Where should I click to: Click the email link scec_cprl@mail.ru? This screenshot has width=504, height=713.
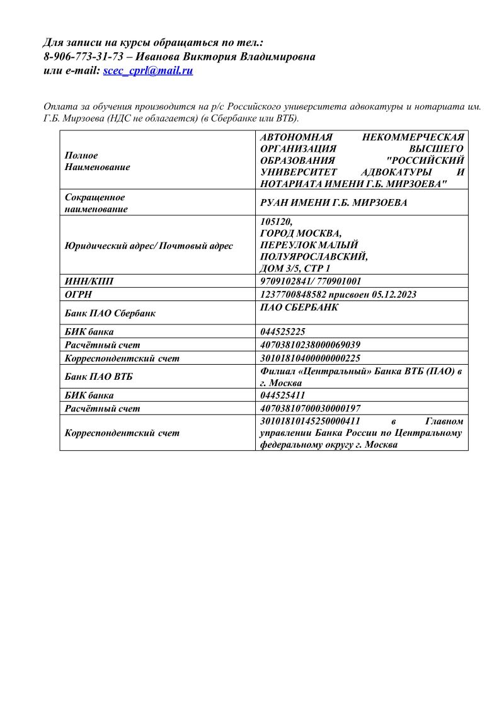148,71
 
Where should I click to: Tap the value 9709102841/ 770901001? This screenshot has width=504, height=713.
311,282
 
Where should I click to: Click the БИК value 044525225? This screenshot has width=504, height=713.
283,332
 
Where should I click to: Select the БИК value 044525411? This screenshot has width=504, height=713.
283,396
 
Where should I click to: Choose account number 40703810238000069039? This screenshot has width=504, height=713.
310,345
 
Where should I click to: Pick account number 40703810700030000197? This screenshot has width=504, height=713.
310,408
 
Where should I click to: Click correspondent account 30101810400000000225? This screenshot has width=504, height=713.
310,358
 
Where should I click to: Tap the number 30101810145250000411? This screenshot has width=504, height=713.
310,421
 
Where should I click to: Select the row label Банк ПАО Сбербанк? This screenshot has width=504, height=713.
110,313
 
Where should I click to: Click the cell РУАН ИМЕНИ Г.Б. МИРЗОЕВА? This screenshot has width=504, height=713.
334,203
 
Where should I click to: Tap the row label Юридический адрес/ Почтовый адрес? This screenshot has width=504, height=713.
149,246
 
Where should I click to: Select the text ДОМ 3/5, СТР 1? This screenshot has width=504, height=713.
295,269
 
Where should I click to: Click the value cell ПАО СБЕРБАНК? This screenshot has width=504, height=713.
299,307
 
